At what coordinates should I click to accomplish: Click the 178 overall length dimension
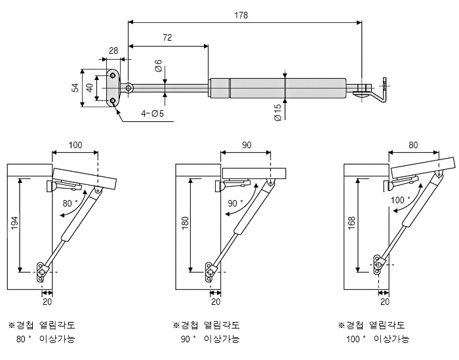(244, 15)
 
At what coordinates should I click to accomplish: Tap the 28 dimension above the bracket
(113, 50)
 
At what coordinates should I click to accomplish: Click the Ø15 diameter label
(277, 112)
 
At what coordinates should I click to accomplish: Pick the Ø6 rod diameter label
(158, 66)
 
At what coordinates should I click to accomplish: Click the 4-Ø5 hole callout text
(153, 113)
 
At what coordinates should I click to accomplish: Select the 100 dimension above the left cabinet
(75, 145)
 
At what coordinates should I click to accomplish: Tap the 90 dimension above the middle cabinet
(246, 145)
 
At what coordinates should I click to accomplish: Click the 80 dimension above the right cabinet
(413, 145)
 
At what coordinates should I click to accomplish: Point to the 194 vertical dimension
(14, 224)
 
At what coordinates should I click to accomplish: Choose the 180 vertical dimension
(185, 224)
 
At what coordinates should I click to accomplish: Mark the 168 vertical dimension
(353, 224)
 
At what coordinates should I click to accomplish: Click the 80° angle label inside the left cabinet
(70, 203)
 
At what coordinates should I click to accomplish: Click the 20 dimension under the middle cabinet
(216, 302)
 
